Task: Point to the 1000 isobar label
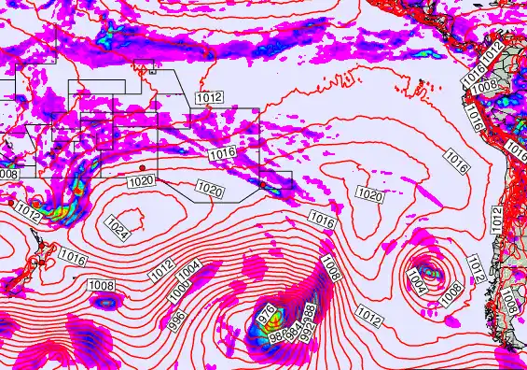pyautogui.click(x=180, y=290)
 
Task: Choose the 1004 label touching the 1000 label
pyautogui.click(x=189, y=269)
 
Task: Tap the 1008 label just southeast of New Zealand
pyautogui.click(x=102, y=285)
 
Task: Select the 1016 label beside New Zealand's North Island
pyautogui.click(x=73, y=256)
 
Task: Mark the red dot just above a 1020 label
pyautogui.click(x=142, y=168)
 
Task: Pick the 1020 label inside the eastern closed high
pyautogui.click(x=370, y=195)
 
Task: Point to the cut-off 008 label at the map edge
pyautogui.click(x=8, y=174)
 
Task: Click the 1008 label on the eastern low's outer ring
pyautogui.click(x=451, y=292)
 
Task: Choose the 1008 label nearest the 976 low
pyautogui.click(x=328, y=269)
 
